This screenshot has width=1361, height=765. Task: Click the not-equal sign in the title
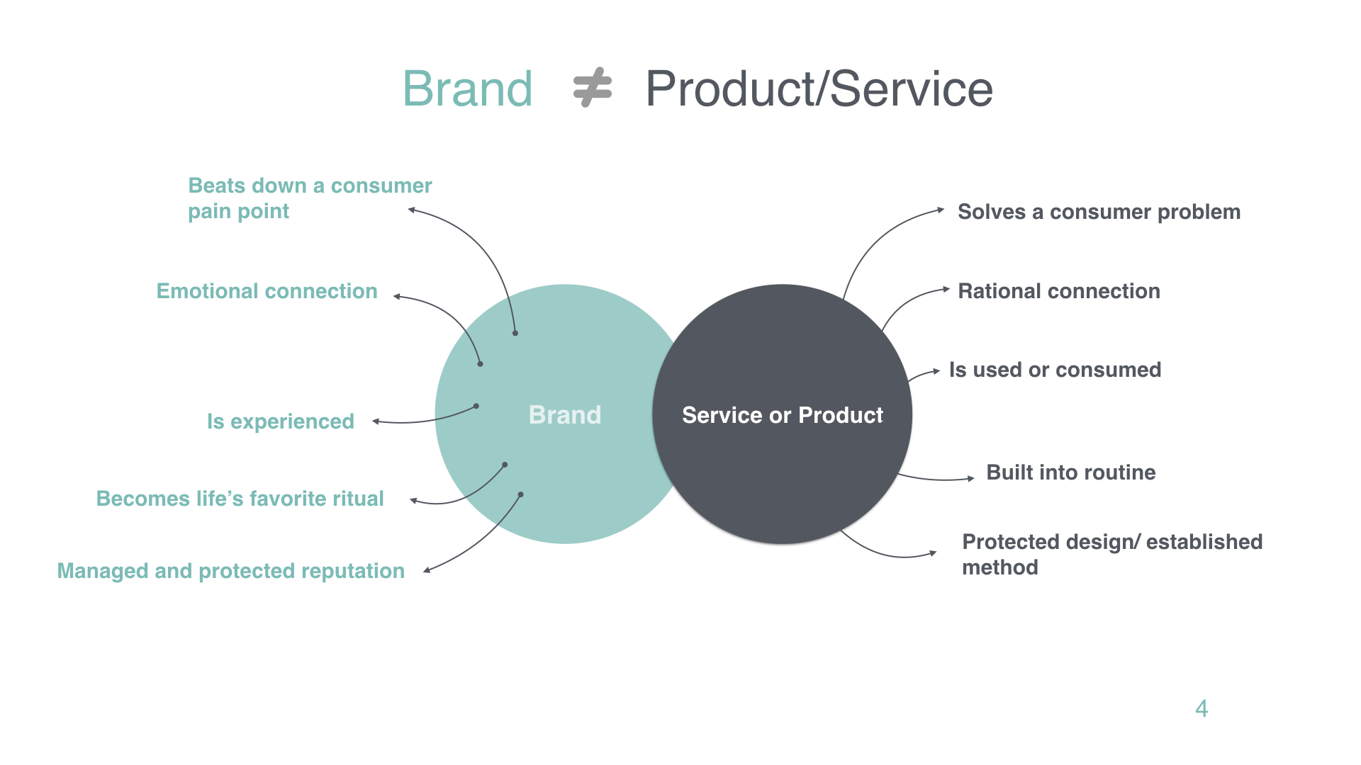coord(592,88)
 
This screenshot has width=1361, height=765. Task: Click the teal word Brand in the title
coord(468,89)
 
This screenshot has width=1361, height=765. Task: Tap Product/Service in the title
coord(819,89)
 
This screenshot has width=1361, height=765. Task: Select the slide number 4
coord(1202,708)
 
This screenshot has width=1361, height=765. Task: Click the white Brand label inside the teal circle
coord(565,414)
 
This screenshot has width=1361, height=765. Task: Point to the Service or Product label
coord(783,414)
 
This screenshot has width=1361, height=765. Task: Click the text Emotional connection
coord(267,291)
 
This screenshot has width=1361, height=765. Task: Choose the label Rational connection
coord(1059,291)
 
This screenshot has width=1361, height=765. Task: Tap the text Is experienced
coord(281,421)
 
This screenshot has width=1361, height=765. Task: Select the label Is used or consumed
coord(1055,370)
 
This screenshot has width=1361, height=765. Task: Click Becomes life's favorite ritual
coord(240,499)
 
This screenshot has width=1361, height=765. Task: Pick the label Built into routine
coord(1071,472)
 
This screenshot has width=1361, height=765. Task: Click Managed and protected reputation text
coord(230,571)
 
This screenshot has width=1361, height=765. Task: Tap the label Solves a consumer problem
coord(1099,212)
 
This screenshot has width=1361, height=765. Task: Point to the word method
coord(1000,567)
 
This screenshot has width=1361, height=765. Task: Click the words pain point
coord(238,211)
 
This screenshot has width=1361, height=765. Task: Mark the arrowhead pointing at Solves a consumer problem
coord(941,210)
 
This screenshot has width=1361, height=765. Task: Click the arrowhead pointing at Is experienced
coord(376,421)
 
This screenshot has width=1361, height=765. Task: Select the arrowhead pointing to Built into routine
coord(971,479)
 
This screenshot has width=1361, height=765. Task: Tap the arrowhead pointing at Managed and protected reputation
coord(427,570)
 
